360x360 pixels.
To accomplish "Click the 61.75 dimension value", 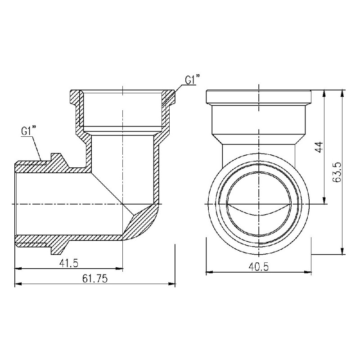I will pos(95,279).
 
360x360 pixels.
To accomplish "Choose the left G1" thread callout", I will pos(28,132).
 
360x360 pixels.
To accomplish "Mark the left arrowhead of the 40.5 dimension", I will pos(208,272).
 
